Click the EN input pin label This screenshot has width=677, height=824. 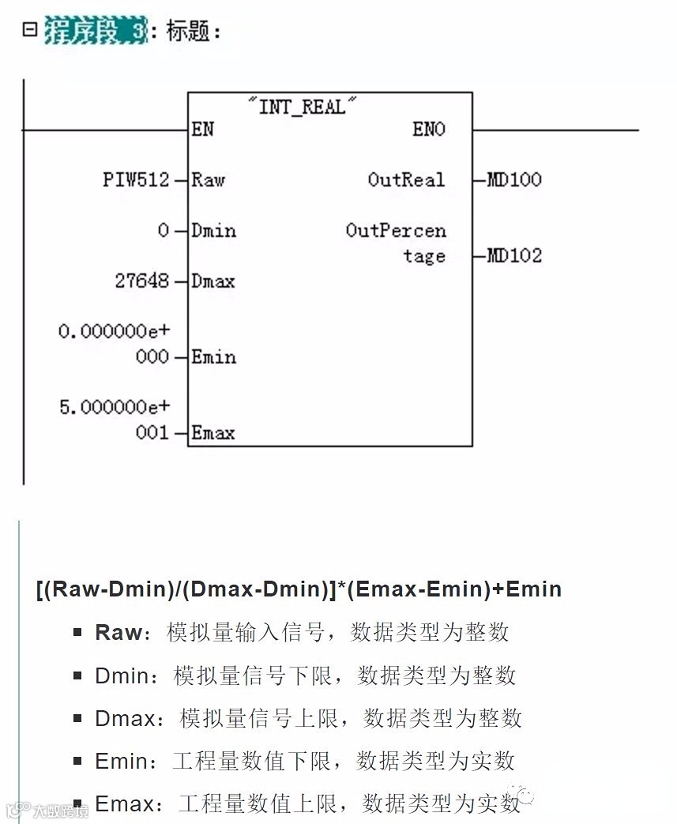[x=202, y=129]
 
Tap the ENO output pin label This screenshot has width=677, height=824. [x=429, y=129]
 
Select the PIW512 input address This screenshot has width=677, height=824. [x=136, y=180]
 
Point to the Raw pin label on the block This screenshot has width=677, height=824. [x=209, y=180]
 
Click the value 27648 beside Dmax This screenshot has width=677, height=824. [x=142, y=281]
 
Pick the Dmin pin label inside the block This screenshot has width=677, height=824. [x=213, y=231]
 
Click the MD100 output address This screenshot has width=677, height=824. [x=514, y=180]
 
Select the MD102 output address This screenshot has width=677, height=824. [x=514, y=256]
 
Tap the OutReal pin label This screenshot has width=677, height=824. [x=406, y=180]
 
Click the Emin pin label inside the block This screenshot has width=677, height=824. [x=213, y=357]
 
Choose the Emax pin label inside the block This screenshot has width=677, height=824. [x=213, y=433]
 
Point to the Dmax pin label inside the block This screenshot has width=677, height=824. [x=213, y=281]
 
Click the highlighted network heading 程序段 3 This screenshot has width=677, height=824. [x=96, y=32]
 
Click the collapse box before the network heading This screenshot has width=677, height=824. [x=30, y=30]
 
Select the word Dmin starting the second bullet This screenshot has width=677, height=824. [x=121, y=675]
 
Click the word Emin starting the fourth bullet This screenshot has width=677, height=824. [x=121, y=762]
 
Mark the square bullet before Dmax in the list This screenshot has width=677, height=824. [x=77, y=718]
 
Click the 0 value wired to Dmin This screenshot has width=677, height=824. [x=164, y=231]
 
